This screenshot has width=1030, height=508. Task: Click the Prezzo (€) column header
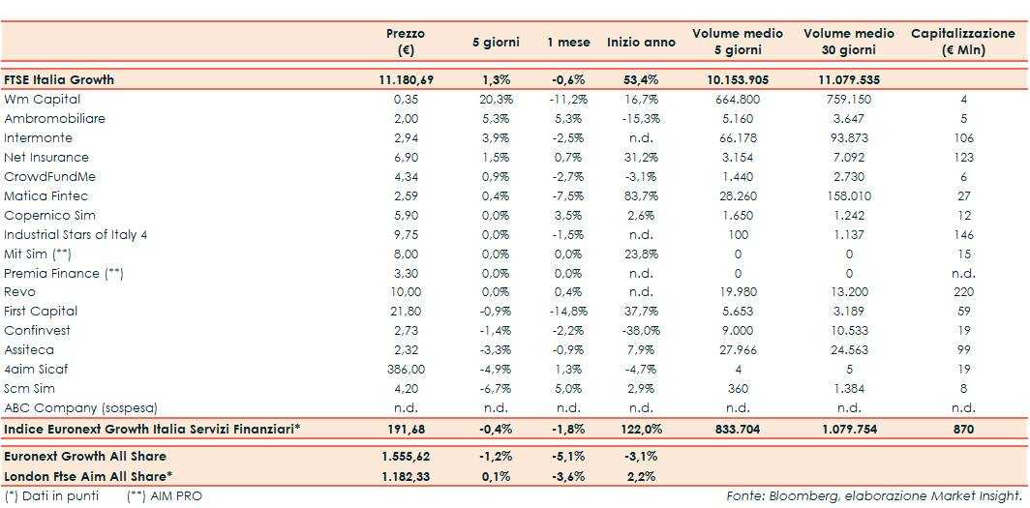[x=406, y=41]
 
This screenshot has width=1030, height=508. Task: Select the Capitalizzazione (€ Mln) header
[x=962, y=41]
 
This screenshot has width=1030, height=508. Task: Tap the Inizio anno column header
[x=641, y=43]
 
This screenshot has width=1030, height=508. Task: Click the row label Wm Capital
[x=43, y=99]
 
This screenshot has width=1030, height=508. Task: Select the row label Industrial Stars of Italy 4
[x=76, y=234]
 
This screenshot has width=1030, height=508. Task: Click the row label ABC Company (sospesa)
[x=80, y=407]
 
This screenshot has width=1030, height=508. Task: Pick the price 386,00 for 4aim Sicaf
[x=406, y=369]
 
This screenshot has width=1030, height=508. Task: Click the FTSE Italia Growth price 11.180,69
[x=406, y=79]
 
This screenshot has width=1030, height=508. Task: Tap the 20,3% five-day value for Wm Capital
[x=496, y=99]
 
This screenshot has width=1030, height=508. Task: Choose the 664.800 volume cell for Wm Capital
[x=738, y=99]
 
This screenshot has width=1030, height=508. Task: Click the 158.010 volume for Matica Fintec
[x=848, y=195]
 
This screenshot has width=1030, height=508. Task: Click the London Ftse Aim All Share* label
[x=88, y=475]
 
